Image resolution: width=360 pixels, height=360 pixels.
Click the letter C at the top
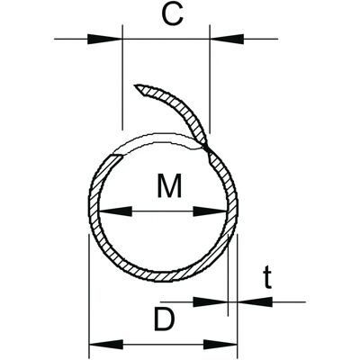172,15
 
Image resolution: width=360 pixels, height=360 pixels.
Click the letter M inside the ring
169,185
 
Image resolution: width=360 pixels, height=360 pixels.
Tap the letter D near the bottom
164,319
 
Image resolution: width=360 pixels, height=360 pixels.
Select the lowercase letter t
267,278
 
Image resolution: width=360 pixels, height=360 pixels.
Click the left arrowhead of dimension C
105,39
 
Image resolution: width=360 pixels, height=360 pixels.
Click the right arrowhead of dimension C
227,39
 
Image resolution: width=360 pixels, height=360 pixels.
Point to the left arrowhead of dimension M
115,211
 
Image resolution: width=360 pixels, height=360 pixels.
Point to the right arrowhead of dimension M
210,211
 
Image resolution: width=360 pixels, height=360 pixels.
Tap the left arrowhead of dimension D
106,345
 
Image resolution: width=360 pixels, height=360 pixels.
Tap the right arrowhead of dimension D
220,345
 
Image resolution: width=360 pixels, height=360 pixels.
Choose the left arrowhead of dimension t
211,301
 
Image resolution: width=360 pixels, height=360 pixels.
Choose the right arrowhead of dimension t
255,301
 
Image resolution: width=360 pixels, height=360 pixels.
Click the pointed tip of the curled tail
135,85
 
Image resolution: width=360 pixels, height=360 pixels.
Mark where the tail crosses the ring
207,148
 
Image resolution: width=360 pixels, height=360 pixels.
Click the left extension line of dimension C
122,77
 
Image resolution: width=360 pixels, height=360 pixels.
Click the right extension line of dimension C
210,78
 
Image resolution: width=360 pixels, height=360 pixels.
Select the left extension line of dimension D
89,296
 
